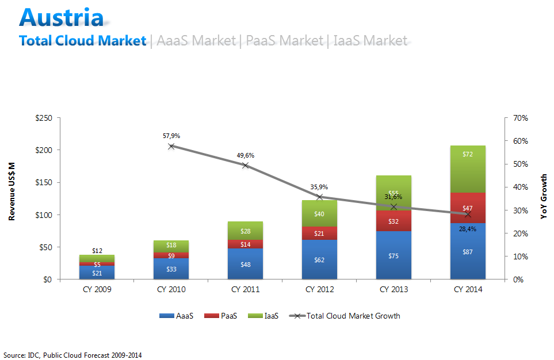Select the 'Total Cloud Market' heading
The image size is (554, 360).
[x=82, y=41]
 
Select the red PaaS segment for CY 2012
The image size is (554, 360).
[x=319, y=233]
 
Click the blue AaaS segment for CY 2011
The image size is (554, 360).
[x=245, y=264]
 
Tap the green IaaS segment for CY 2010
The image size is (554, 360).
[x=171, y=246]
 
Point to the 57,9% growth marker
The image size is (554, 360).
[x=171, y=146]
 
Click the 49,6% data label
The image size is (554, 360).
[x=245, y=155]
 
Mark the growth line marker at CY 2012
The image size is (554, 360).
[x=319, y=197]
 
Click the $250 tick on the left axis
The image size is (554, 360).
[x=44, y=118]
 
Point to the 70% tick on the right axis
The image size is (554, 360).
[x=521, y=118]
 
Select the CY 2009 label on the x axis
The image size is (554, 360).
[x=97, y=289]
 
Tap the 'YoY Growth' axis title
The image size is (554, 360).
[x=543, y=197]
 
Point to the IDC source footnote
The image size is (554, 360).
[x=72, y=355]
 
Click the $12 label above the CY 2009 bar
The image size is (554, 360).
[x=97, y=251]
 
